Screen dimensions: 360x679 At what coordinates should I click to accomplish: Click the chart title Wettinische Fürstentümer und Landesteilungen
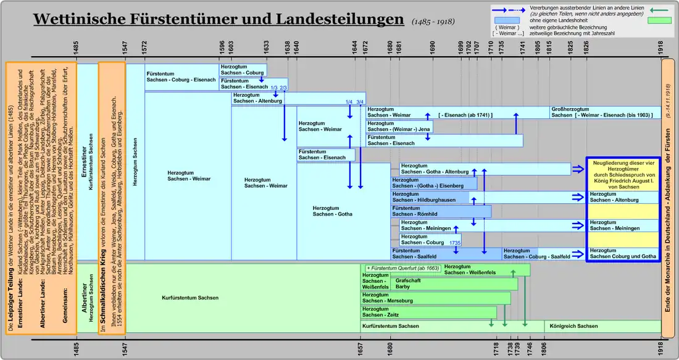pos(219,19)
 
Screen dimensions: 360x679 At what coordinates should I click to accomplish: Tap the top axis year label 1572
pos(144,47)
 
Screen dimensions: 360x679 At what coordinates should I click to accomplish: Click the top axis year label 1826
pos(586,47)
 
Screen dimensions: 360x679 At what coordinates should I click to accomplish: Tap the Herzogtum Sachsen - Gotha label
pos(332,211)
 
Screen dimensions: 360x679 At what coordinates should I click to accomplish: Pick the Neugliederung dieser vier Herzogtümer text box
pos(622,173)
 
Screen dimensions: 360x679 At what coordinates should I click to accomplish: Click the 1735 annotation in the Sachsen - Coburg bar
pos(456,243)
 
